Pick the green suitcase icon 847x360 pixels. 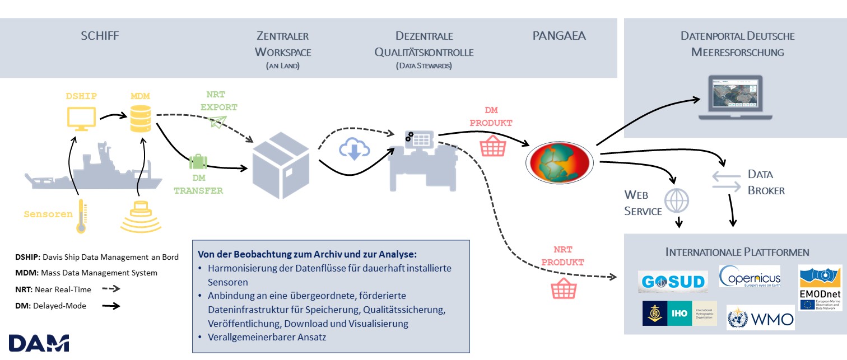[x=198, y=162]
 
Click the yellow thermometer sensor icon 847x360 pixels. [x=81, y=216]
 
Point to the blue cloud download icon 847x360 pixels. [x=354, y=149]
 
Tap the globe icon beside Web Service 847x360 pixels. [x=677, y=200]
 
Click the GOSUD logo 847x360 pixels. [x=673, y=282]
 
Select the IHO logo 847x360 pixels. [x=680, y=314]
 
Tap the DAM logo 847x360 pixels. [x=39, y=343]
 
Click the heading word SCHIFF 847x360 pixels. [x=100, y=36]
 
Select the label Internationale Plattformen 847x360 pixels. [x=737, y=252]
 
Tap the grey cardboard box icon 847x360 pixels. [x=280, y=162]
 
